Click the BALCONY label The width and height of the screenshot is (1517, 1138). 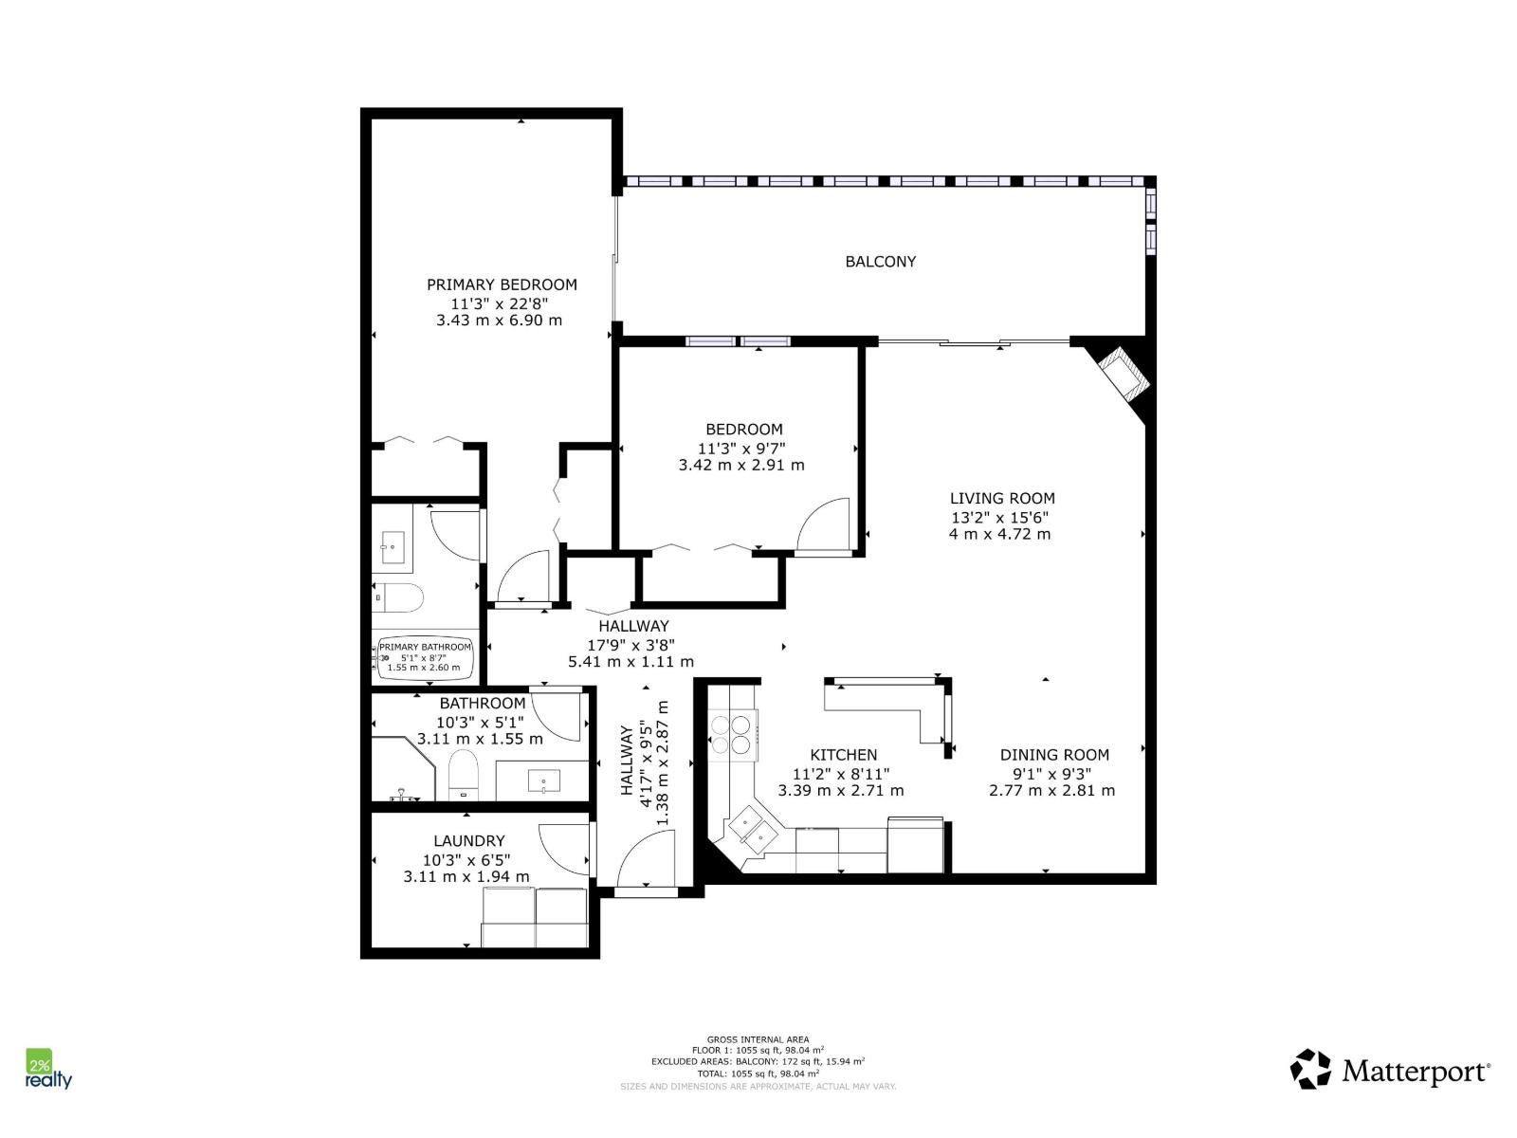click(880, 262)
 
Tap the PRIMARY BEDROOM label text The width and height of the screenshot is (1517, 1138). click(502, 284)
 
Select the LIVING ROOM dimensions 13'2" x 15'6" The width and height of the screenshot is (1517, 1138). click(1001, 518)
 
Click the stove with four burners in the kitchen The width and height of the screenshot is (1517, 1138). click(732, 735)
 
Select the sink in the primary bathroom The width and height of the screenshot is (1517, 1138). click(393, 547)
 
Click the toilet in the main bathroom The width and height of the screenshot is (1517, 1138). click(464, 773)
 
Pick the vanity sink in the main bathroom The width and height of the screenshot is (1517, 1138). click(543, 782)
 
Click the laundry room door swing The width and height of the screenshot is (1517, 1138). click(564, 849)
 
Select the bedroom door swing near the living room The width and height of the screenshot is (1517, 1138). click(824, 524)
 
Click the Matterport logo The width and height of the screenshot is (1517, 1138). click(1390, 1071)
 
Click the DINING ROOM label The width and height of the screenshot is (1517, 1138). click(1054, 755)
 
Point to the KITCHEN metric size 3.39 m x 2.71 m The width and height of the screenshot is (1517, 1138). click(841, 791)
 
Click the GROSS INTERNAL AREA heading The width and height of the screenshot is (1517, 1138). click(758, 1039)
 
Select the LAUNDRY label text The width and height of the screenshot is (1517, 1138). click(468, 841)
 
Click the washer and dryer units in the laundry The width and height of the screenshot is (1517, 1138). click(536, 917)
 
